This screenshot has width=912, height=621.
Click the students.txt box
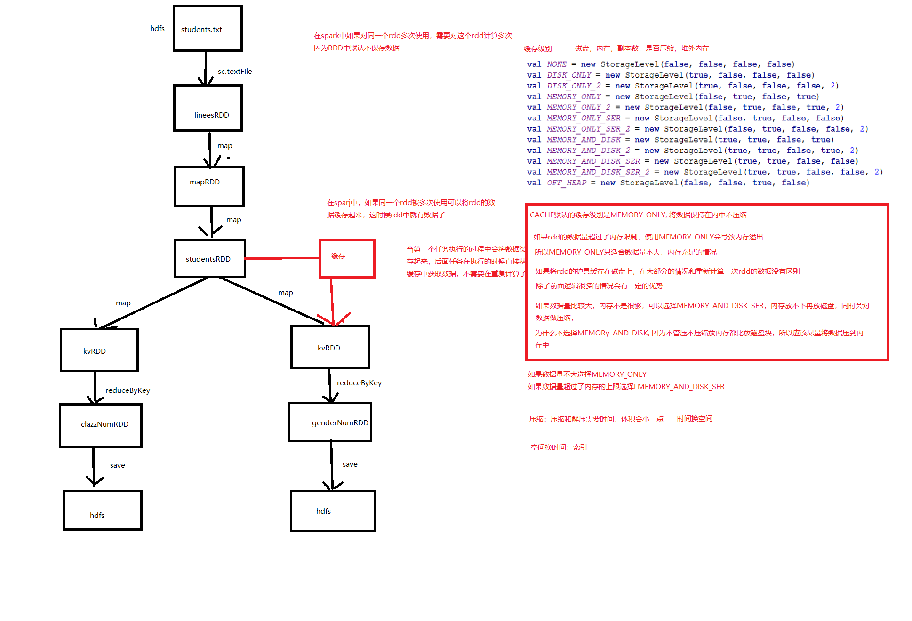tap(208, 28)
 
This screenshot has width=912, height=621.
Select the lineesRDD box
tap(208, 108)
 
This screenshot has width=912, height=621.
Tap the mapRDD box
tap(209, 186)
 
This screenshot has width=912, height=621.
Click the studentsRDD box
tap(209, 258)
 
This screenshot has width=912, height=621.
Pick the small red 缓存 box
tap(347, 258)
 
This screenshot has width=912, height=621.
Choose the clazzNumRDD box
tap(101, 425)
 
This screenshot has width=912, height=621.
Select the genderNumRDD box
tap(330, 422)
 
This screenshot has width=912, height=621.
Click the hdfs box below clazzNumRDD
tap(103, 510)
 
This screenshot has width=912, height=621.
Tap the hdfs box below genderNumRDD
tap(333, 510)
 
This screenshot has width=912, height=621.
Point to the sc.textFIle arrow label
tap(235, 72)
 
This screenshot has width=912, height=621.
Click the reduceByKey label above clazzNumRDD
tap(128, 390)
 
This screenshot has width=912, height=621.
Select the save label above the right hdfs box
tap(350, 464)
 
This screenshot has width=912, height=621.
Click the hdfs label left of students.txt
tap(157, 29)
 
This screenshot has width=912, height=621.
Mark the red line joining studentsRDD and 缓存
tap(282, 258)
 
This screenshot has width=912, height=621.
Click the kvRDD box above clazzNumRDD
tap(99, 350)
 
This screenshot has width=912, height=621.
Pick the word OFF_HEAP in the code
tap(567, 183)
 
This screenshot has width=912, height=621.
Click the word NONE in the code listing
tap(557, 64)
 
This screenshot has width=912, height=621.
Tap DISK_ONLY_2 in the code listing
tap(574, 86)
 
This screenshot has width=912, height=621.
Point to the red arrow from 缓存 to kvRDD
tap(332, 301)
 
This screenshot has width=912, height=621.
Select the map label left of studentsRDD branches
tap(123, 303)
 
